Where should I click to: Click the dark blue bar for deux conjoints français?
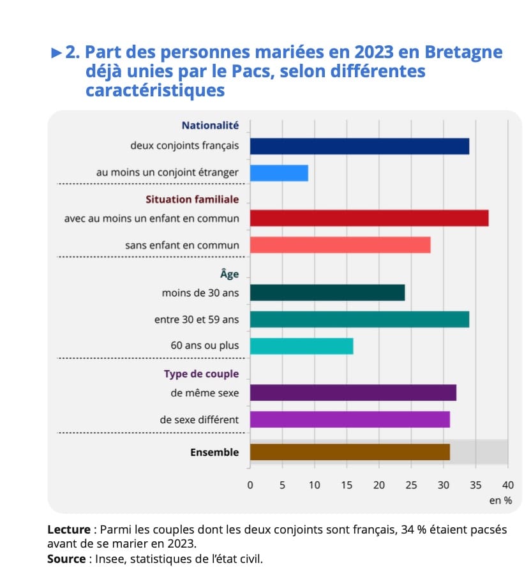[x=359, y=146]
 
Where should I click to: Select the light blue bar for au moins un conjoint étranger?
[x=279, y=173]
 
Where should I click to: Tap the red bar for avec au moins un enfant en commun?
[x=369, y=218]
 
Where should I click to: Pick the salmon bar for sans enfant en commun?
[x=340, y=245]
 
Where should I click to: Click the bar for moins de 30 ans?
[x=327, y=292]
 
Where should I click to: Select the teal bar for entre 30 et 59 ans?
[x=359, y=319]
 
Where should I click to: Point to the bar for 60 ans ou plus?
[x=301, y=346]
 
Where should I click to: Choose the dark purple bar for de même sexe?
[x=353, y=393]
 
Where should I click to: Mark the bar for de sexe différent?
[x=350, y=419]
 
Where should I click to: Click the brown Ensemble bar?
[x=350, y=452]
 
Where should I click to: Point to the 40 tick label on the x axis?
[x=508, y=484]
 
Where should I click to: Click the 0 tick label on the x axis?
[x=250, y=484]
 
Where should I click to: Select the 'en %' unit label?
[x=500, y=500]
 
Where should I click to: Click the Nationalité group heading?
[x=210, y=126]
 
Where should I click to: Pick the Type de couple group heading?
[x=201, y=373]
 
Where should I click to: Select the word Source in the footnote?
[x=66, y=558]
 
